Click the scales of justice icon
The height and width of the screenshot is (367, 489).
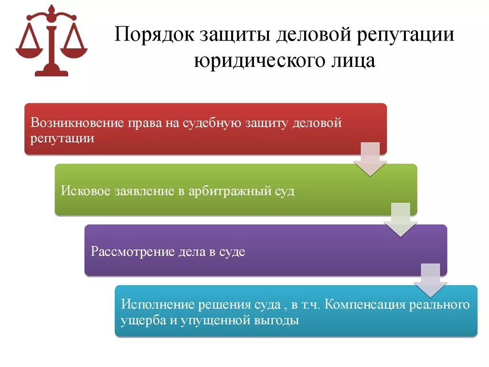click(x=52, y=41)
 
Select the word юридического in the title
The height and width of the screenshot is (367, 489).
click(x=253, y=61)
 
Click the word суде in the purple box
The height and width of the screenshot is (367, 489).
click(x=232, y=251)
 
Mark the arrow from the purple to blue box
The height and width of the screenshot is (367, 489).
click(x=430, y=280)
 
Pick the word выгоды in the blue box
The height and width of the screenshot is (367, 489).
click(x=278, y=321)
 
